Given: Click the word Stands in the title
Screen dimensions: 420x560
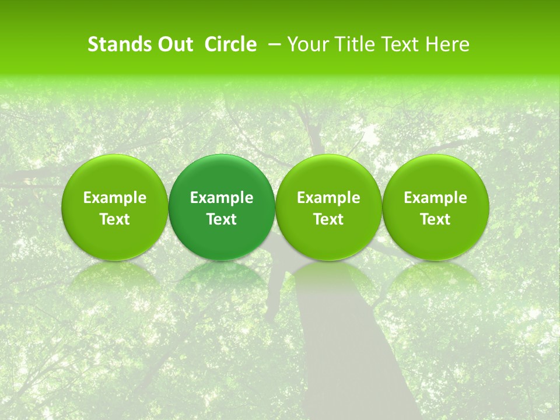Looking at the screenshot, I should [x=119, y=44].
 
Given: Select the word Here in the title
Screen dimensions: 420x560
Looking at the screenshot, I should [x=447, y=44].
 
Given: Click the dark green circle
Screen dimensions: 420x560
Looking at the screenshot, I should [x=222, y=207].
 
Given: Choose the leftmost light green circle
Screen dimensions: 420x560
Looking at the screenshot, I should [x=115, y=207].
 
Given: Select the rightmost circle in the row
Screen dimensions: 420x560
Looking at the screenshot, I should [x=436, y=207].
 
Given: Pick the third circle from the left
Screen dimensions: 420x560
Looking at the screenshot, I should [x=328, y=207].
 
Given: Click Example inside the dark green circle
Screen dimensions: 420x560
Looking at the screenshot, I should [x=222, y=198].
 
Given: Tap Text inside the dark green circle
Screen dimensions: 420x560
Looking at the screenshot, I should [x=222, y=219].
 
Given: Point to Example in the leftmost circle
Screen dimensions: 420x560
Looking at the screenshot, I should [x=115, y=198].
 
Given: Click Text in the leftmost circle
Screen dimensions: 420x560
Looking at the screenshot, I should [x=115, y=219].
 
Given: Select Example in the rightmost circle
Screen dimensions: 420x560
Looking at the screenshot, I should [x=436, y=198].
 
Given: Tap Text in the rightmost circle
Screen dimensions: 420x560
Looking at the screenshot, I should [x=436, y=219].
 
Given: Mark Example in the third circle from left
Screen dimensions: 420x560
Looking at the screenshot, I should [x=328, y=198].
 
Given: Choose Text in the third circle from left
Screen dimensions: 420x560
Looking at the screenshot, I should [x=328, y=219].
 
